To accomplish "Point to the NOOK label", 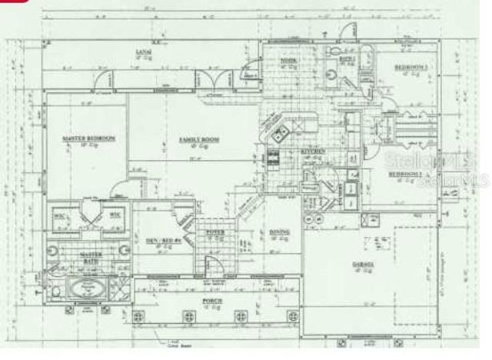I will tap(288, 59).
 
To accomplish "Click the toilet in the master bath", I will tap(58, 291).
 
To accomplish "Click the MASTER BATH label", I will tap(92, 256).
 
